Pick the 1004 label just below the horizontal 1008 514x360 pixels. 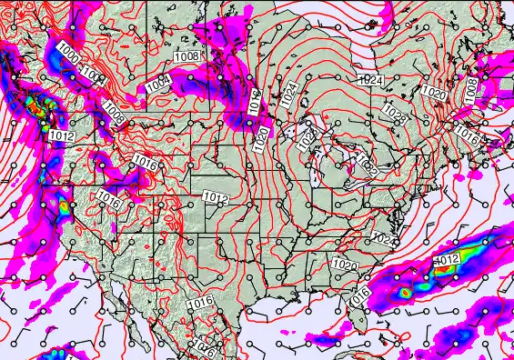[158, 84]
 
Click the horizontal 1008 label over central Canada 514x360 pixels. [186, 57]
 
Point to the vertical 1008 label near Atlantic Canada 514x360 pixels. [471, 89]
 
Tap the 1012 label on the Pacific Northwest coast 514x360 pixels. [62, 135]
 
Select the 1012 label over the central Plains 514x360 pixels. [216, 197]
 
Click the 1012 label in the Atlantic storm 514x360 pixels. [447, 260]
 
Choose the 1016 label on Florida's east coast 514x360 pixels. [359, 295]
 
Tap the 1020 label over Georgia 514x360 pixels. [345, 264]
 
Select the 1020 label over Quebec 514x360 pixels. [434, 93]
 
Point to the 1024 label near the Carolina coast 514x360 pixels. [384, 240]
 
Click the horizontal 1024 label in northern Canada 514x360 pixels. [370, 80]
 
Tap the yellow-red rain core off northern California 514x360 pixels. [66, 208]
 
